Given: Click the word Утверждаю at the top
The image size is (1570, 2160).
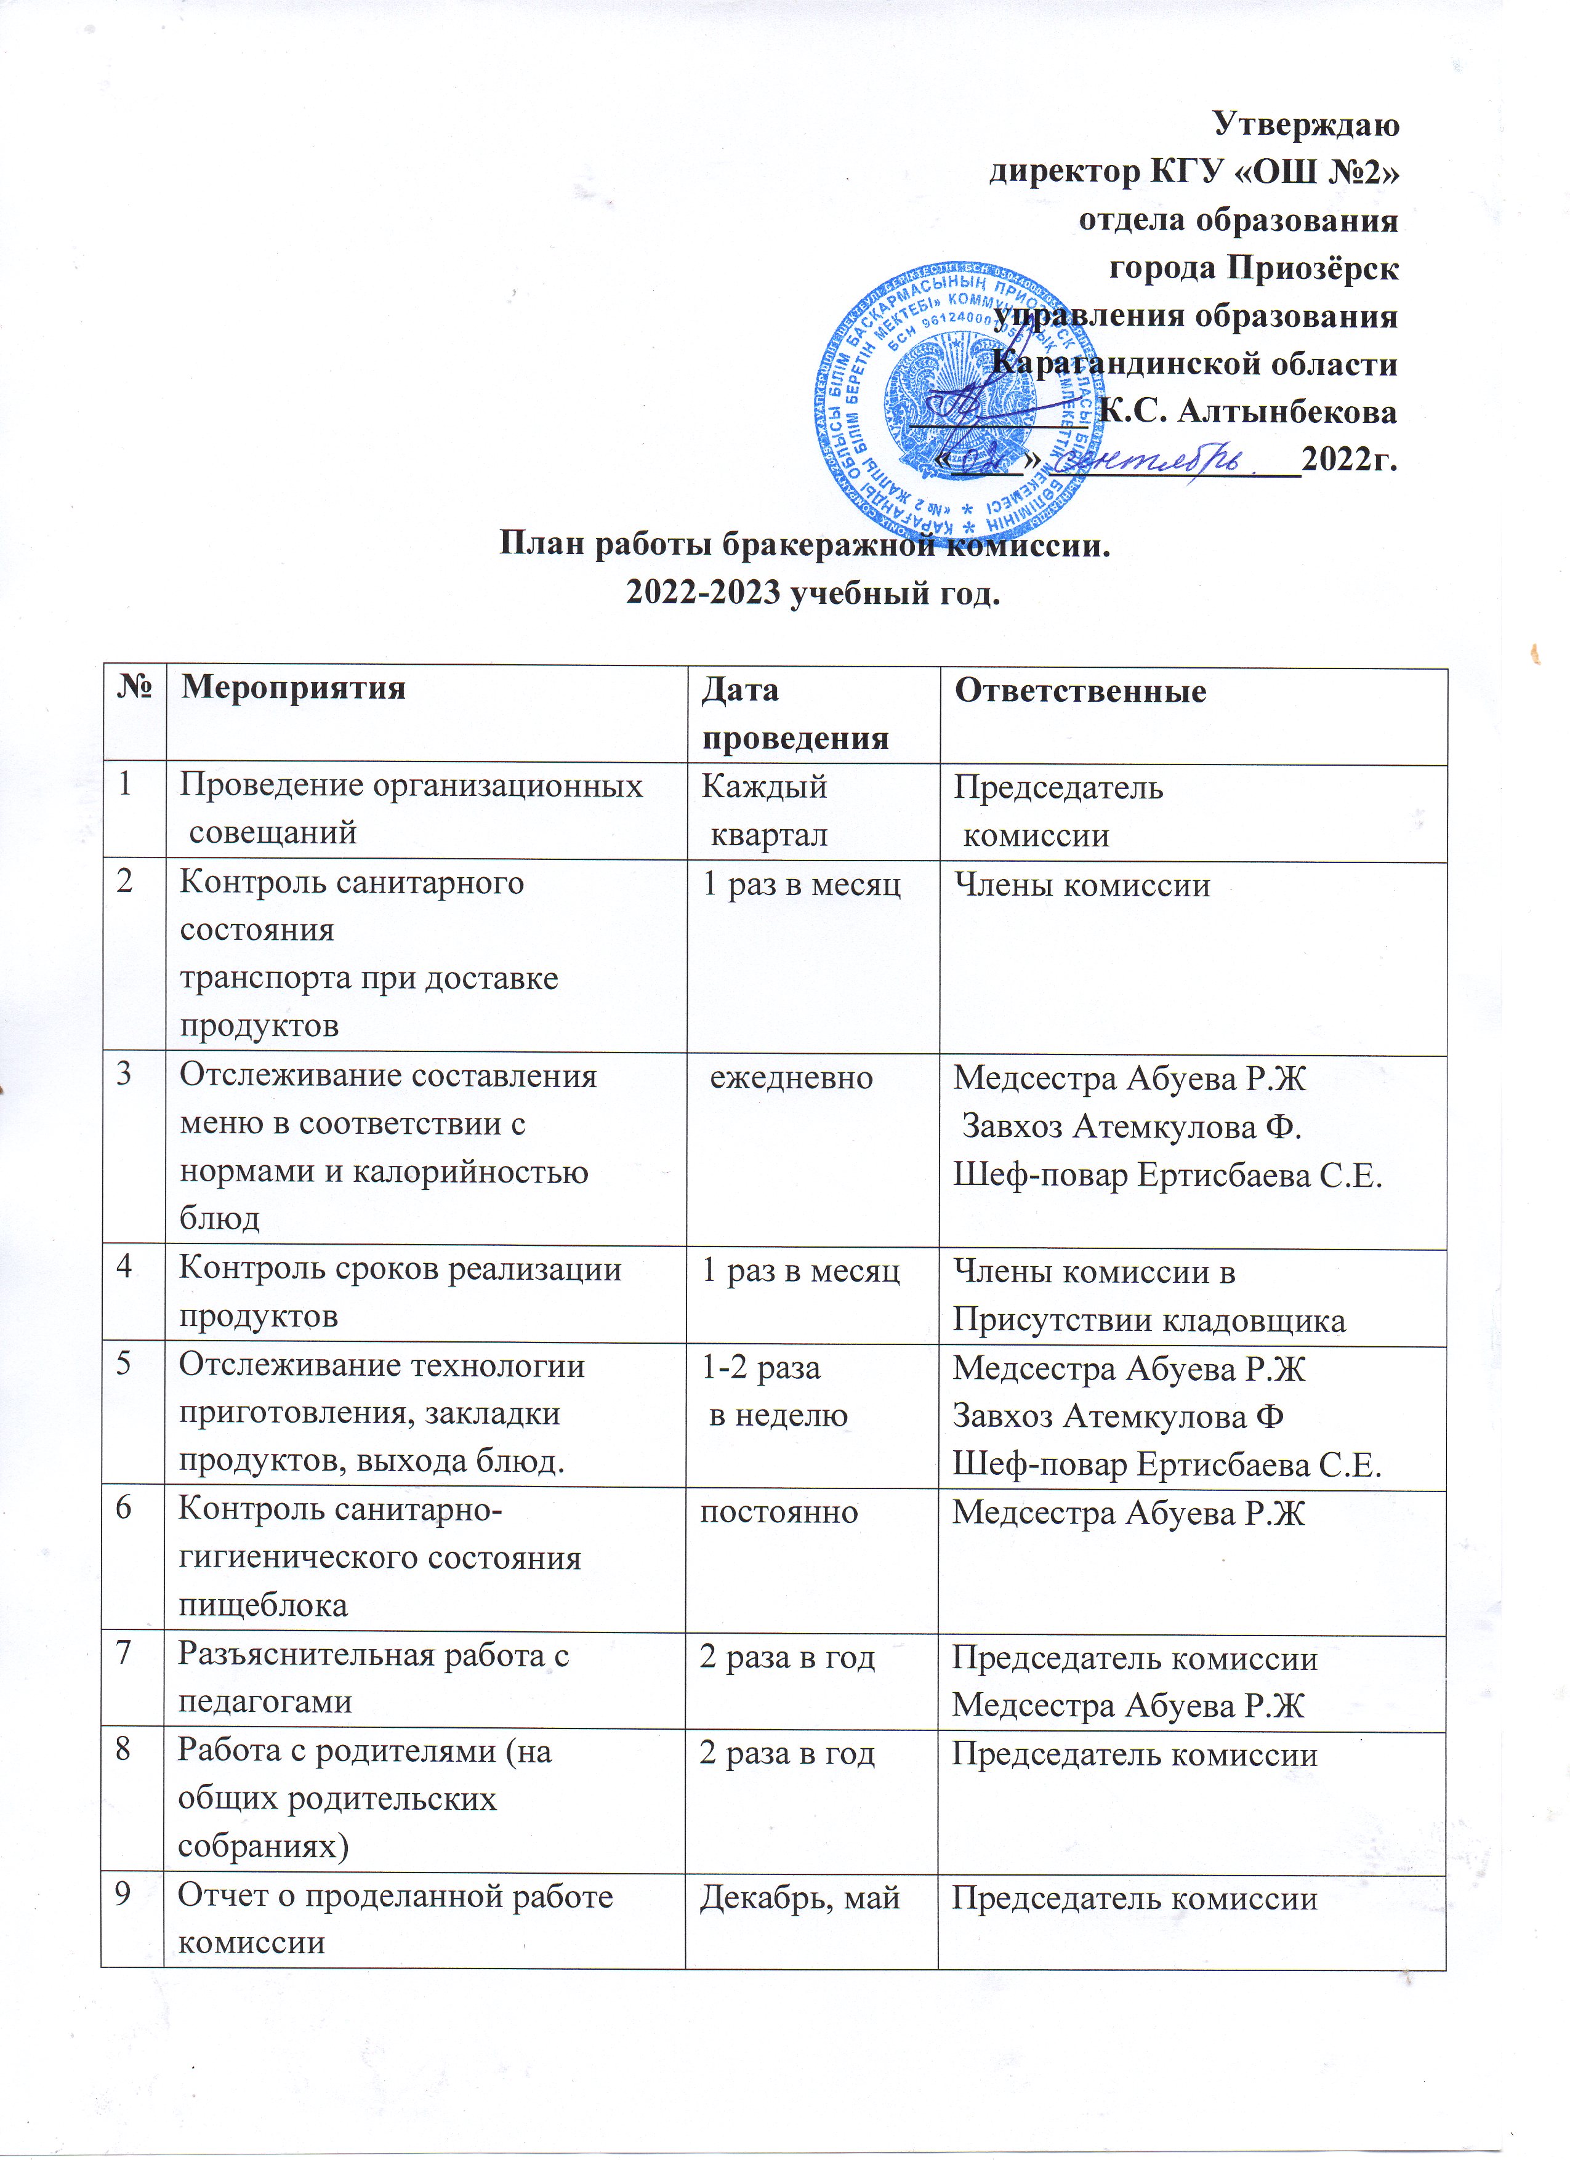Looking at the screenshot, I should click(1305, 124).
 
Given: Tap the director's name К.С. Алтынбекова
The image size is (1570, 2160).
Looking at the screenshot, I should click(1248, 411).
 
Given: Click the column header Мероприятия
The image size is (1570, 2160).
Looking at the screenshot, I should click(294, 688).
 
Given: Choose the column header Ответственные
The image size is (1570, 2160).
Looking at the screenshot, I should click(1081, 691).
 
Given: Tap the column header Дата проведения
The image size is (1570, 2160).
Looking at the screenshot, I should click(794, 713).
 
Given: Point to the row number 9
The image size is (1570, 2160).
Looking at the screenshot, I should click(124, 1895).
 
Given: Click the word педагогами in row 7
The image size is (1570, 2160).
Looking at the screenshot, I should click(265, 1702).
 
